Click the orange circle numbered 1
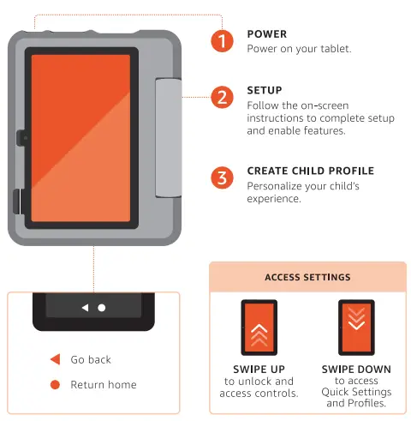tap(223, 40)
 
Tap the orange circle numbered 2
tap(223, 96)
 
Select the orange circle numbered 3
tap(223, 177)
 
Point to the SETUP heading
tap(264, 89)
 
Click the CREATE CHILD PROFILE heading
tap(310, 171)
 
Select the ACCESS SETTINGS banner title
tap(307, 277)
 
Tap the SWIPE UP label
tap(259, 370)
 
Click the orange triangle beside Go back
tap(55, 359)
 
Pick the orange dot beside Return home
tap(55, 384)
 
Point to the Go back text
tap(91, 359)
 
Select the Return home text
tap(103, 384)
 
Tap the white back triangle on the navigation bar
tap(84, 307)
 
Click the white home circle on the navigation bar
tap(101, 307)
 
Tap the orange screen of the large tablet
tap(80, 137)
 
